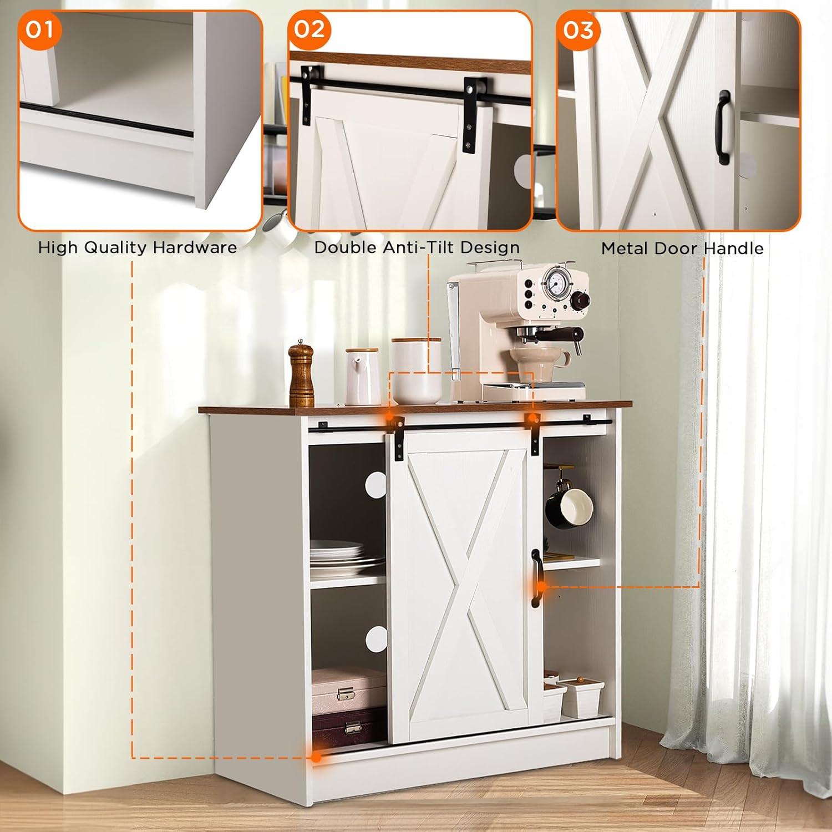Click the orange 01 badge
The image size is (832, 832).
coord(39,29)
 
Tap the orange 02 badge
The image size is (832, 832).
coord(309,29)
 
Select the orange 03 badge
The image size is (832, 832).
coord(577,29)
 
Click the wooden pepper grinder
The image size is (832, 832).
coord(301,373)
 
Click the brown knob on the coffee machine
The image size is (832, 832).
coord(581,300)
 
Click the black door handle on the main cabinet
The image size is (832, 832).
coord(536,578)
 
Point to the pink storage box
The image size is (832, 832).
coord(348,690)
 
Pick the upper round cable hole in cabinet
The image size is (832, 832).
coord(376,485)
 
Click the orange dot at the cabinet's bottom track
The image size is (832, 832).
coord(316,757)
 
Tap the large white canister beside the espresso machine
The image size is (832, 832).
coord(416,371)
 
